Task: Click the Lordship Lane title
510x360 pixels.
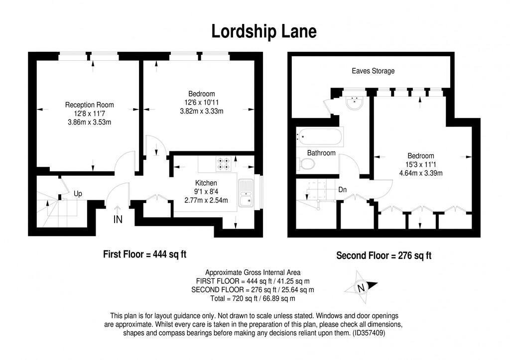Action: pos(263,31)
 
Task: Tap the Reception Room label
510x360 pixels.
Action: pos(90,105)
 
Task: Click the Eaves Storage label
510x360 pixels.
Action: pos(372,71)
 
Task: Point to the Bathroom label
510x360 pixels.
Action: pos(321,153)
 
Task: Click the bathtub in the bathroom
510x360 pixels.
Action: pos(319,135)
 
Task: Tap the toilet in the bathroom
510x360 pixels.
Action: pos(306,164)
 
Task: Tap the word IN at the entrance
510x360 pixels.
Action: pos(118,219)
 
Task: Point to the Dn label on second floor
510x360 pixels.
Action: pos(342,190)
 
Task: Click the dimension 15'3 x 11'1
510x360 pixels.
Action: pos(420,164)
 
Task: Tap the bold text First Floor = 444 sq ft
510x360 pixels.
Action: pos(144,254)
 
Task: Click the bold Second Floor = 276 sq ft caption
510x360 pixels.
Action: pos(383,256)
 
